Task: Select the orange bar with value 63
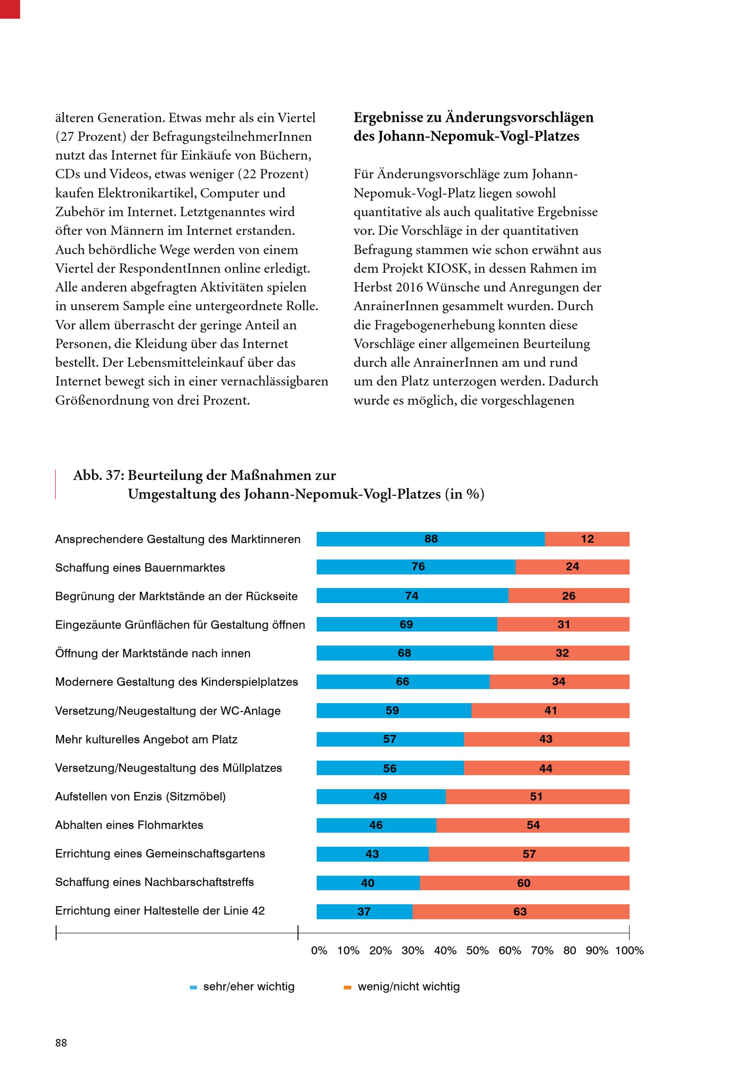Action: tap(521, 911)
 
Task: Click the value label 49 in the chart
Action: tap(380, 796)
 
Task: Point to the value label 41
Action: tap(550, 710)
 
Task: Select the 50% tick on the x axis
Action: tap(478, 950)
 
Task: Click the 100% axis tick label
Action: tap(629, 950)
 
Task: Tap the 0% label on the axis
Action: tap(319, 950)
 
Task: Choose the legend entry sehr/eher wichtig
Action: tap(249, 986)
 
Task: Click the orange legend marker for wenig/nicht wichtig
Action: tap(347, 988)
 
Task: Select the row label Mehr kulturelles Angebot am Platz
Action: tap(146, 739)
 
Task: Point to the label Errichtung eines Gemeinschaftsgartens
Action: tap(160, 853)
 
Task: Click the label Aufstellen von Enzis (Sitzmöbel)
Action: tap(140, 796)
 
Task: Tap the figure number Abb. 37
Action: tap(98, 475)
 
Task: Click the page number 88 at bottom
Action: tap(61, 1042)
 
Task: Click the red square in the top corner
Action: tap(10, 9)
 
